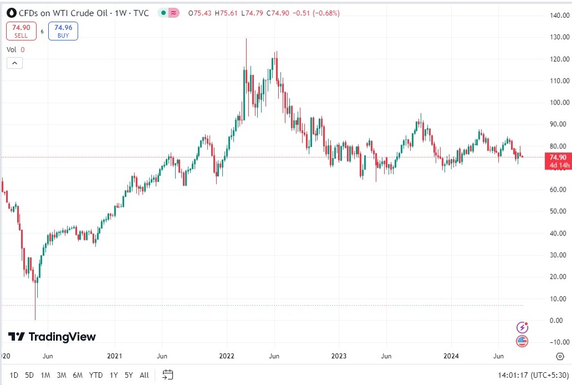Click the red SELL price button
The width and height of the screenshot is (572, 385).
(21, 31)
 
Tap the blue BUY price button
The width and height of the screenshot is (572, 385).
(63, 31)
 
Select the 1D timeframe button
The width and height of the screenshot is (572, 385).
(14, 375)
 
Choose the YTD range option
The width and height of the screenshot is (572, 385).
(95, 375)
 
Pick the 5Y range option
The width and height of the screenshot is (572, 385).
(129, 375)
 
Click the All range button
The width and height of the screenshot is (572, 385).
(144, 375)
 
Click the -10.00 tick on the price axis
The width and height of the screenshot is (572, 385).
(554, 342)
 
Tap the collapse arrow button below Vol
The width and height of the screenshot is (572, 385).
(14, 63)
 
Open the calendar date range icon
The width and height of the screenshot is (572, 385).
(168, 375)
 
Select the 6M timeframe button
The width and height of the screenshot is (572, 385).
(78, 375)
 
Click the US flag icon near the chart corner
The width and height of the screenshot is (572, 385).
(522, 341)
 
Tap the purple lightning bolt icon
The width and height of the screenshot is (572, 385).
(522, 327)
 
